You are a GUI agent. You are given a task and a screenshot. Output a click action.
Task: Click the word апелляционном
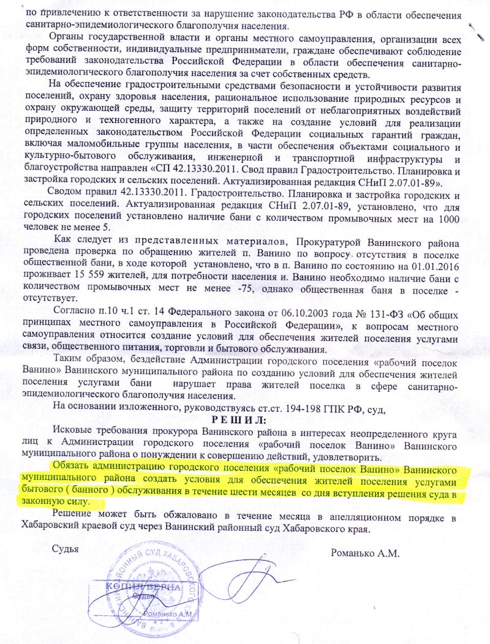click(361, 518)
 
